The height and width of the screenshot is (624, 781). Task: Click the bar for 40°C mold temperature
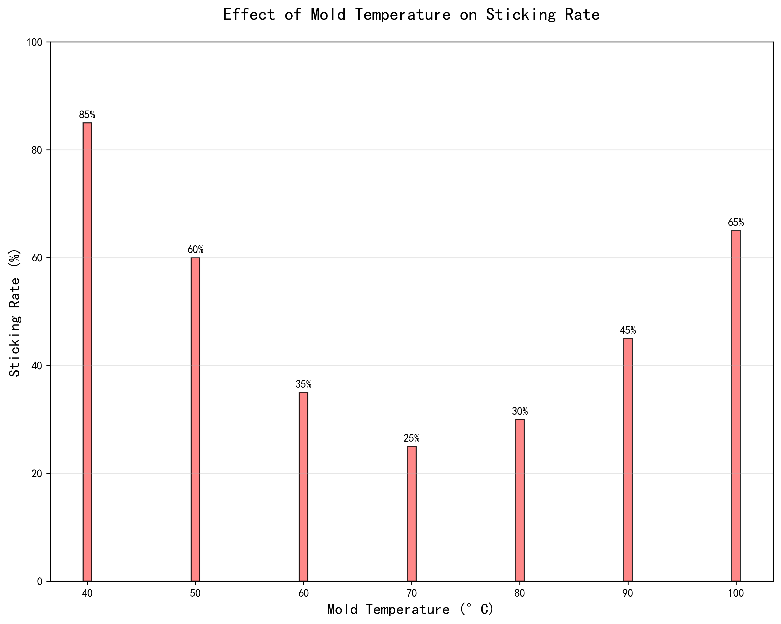[87, 352]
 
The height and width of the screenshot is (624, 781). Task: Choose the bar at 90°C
[628, 460]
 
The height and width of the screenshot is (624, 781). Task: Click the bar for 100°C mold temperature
[736, 405]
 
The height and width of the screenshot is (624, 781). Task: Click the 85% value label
[87, 115]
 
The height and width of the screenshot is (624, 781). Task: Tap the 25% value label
[411, 438]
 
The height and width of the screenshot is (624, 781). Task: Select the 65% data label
[736, 222]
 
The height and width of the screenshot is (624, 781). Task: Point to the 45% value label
[628, 330]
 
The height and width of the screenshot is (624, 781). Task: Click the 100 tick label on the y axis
[34, 42]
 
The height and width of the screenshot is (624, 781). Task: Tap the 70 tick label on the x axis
[411, 593]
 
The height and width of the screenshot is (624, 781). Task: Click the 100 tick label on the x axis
[736, 593]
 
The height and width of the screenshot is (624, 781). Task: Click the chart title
[411, 15]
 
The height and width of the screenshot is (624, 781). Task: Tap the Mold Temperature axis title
[410, 610]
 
